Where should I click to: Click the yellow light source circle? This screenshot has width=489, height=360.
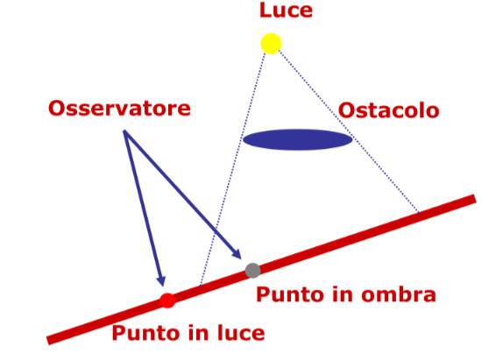coord(271,44)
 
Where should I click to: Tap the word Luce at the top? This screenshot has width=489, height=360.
coord(286,11)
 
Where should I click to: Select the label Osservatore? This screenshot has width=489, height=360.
coord(119,109)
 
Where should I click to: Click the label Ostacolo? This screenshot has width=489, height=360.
coord(389,110)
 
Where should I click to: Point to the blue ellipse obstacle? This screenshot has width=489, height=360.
coord(297,139)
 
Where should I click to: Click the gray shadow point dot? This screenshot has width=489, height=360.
coord(252,271)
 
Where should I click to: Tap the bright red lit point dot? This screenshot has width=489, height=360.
coord(167,300)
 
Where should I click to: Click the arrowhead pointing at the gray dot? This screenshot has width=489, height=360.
coord(237,255)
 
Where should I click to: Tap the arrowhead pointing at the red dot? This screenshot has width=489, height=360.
coord(161,281)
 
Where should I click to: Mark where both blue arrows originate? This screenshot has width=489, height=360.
coord(124,131)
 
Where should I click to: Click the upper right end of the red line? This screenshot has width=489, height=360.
coord(475,199)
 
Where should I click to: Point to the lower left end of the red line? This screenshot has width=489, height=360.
coord(48,341)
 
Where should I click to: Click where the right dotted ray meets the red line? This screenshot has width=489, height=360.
coord(420,215)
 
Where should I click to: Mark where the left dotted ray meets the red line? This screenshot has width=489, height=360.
coord(200,287)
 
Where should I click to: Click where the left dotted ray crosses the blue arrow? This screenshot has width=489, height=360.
coord(216,232)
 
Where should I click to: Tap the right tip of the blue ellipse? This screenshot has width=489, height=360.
coord(352,139)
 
